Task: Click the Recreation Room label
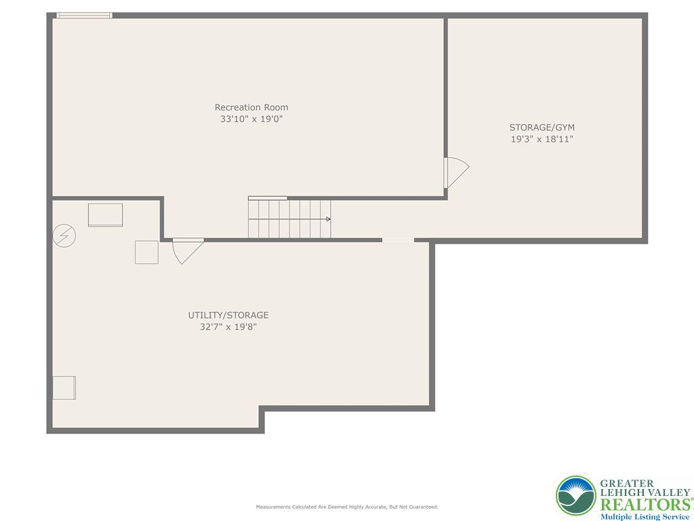click(251, 107)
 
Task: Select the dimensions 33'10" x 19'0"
click(251, 119)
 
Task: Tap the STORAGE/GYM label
click(542, 127)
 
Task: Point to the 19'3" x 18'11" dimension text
click(542, 139)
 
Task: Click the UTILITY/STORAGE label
click(228, 315)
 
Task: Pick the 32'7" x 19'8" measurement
click(228, 327)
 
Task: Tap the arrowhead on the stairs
click(329, 219)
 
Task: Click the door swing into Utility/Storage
click(187, 250)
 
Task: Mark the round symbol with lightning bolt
click(64, 235)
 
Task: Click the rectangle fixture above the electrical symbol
click(105, 214)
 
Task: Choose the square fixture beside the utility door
click(146, 252)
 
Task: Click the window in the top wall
click(84, 15)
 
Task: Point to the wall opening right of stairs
click(398, 239)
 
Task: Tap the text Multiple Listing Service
click(644, 517)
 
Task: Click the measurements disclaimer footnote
click(346, 507)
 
